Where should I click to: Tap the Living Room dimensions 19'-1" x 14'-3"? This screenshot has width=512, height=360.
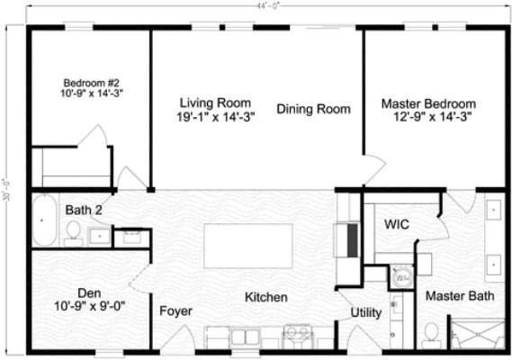point(215,117)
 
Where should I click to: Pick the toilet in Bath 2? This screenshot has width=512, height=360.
point(72,235)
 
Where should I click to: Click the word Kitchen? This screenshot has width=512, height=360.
point(265,297)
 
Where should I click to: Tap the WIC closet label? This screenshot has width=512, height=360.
point(398,223)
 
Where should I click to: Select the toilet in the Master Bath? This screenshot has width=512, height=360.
point(431,334)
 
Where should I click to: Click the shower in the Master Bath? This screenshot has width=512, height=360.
point(478,333)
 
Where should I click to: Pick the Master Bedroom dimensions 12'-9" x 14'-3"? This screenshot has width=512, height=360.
point(433,116)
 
